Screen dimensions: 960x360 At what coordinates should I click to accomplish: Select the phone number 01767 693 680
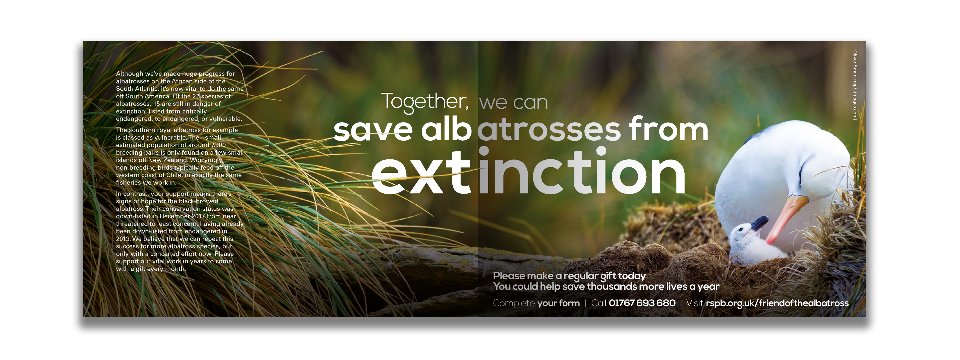coord(642,303)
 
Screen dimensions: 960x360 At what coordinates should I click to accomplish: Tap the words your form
coord(559,303)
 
